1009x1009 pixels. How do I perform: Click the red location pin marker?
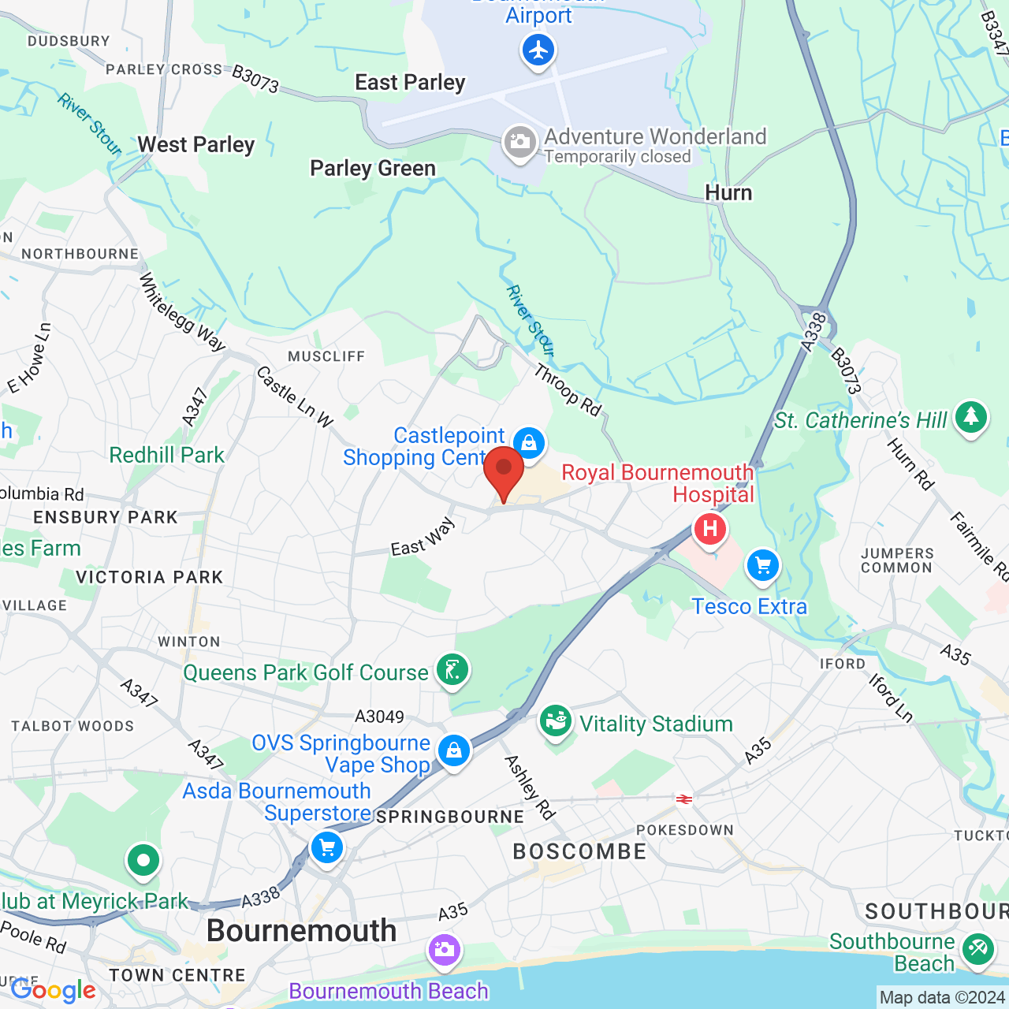pyautogui.click(x=503, y=470)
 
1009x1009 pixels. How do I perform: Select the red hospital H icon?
pyautogui.click(x=709, y=528)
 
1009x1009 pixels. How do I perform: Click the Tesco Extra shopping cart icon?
pyautogui.click(x=762, y=565)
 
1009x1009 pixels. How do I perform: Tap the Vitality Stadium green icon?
pyautogui.click(x=556, y=720)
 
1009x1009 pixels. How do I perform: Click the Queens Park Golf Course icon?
pyautogui.click(x=452, y=671)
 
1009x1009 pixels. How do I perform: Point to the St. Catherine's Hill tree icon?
pyautogui.click(x=970, y=416)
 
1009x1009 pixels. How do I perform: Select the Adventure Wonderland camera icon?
pyautogui.click(x=519, y=143)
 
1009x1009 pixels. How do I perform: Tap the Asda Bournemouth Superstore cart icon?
pyautogui.click(x=326, y=848)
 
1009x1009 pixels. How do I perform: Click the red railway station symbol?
pyautogui.click(x=684, y=799)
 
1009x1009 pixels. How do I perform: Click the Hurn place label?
pyautogui.click(x=728, y=193)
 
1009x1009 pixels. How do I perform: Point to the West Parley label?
pyautogui.click(x=196, y=145)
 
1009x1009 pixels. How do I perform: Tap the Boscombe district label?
pyautogui.click(x=579, y=851)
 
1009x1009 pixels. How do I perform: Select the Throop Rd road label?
pyautogui.click(x=568, y=389)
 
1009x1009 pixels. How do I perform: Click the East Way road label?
pyautogui.click(x=423, y=537)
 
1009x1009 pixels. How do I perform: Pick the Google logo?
pyautogui.click(x=54, y=990)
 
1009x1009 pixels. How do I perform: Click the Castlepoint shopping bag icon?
pyautogui.click(x=529, y=443)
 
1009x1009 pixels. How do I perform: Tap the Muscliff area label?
pyautogui.click(x=326, y=356)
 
